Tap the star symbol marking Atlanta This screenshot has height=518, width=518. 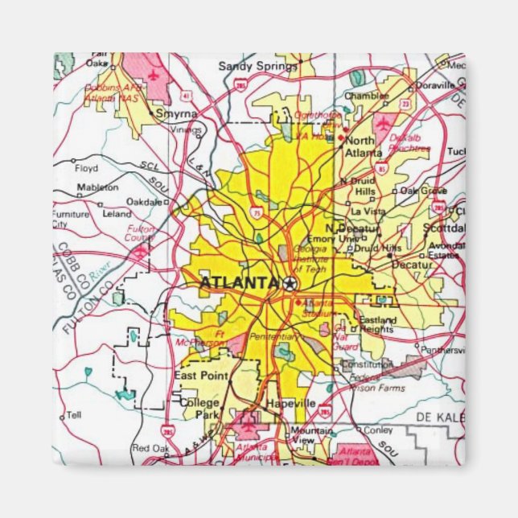coord(290,283)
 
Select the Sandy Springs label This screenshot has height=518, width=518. coord(247,66)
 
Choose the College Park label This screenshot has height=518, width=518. coord(199,408)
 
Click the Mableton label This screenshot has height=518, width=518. coord(97,187)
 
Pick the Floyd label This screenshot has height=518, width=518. coord(86,169)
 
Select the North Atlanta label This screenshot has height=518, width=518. coord(364,146)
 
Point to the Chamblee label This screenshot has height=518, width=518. coord(366,96)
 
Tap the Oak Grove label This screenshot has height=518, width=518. coord(424,191)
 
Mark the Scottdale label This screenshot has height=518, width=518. coord(444,228)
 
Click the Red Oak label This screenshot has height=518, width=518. coord(149,448)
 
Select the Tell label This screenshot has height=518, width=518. coord(74,415)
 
